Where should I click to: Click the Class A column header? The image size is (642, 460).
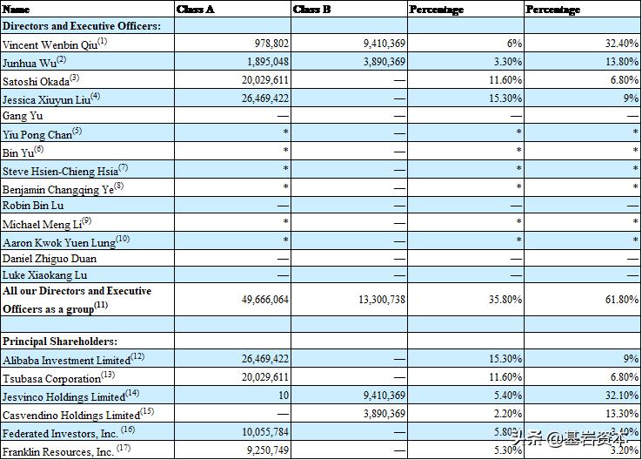[196, 9]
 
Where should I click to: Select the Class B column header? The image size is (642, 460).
[312, 9]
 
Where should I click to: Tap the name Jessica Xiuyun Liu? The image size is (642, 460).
[48, 98]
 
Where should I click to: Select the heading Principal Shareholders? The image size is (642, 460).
[60, 341]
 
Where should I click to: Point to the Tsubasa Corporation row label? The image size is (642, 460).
[53, 378]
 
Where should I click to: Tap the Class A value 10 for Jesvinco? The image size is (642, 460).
[284, 396]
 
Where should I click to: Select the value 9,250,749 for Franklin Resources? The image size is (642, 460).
[264, 451]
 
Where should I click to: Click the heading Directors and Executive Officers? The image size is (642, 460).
[82, 26]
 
